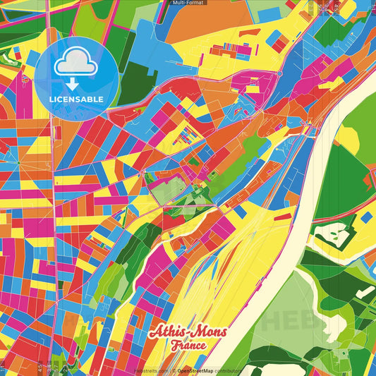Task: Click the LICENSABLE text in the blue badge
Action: [76, 99]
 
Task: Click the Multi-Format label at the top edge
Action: [188, 3]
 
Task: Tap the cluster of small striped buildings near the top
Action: [236, 49]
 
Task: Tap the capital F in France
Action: [174, 346]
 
